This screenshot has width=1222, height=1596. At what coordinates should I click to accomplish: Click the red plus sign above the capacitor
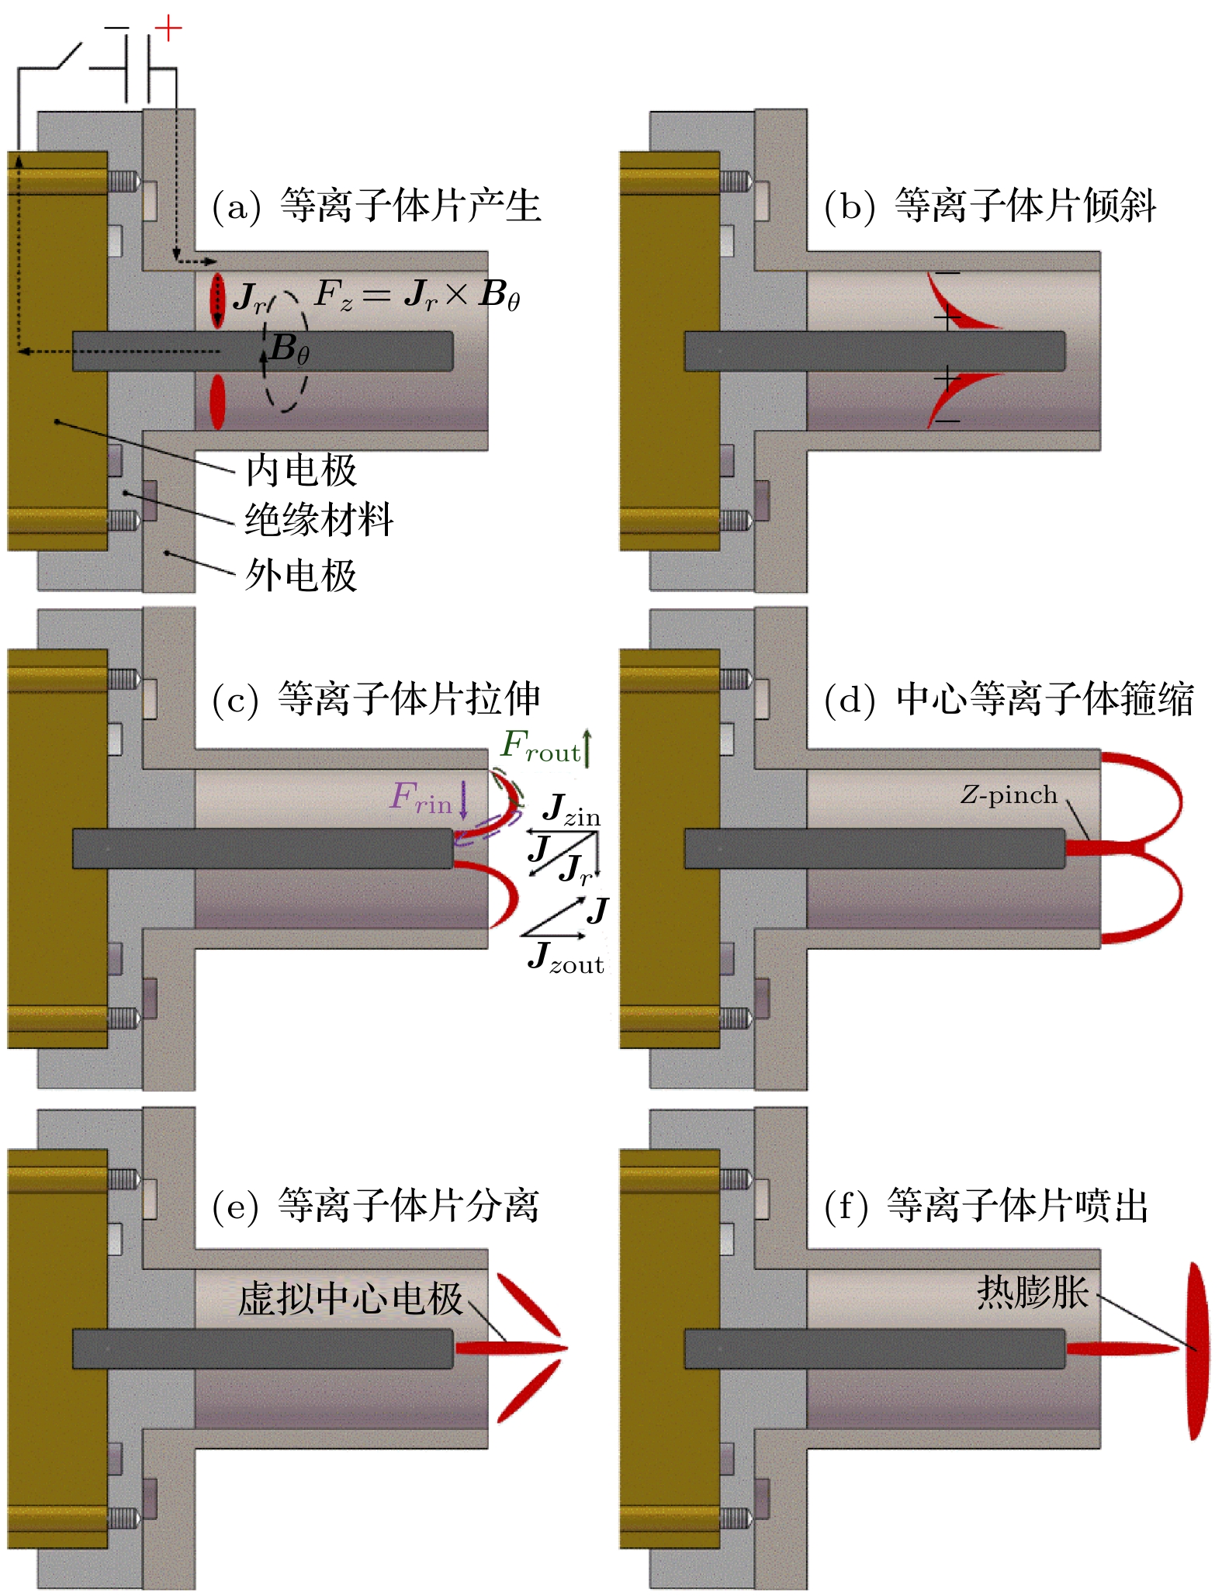pos(168,29)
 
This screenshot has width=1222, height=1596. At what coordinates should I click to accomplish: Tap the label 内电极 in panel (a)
pos(301,470)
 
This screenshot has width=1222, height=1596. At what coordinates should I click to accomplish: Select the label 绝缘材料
pos(320,519)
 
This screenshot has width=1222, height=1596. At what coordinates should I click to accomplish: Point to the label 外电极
pos(301,575)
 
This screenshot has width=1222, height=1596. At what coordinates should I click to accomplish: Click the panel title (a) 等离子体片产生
pos(377,206)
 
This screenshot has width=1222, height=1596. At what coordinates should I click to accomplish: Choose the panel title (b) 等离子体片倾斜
pos(991,206)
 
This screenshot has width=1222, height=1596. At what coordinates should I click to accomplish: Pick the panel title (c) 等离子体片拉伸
pos(376,699)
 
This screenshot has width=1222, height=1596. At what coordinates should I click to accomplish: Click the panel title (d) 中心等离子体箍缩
pos(1009,699)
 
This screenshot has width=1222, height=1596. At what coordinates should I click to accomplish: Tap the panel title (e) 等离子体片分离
pos(376,1206)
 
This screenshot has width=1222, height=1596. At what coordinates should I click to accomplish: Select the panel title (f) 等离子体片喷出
pos(987,1206)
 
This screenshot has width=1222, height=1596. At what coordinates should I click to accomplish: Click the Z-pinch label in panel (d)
pos(1009,795)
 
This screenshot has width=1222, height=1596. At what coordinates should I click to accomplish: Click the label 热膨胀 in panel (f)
pos(1033,1292)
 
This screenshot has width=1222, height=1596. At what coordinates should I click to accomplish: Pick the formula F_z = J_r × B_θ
pos(417,296)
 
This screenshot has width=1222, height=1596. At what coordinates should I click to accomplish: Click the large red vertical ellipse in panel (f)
pos(1198,1351)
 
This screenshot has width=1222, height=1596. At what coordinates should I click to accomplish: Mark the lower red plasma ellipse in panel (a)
pos(217,402)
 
